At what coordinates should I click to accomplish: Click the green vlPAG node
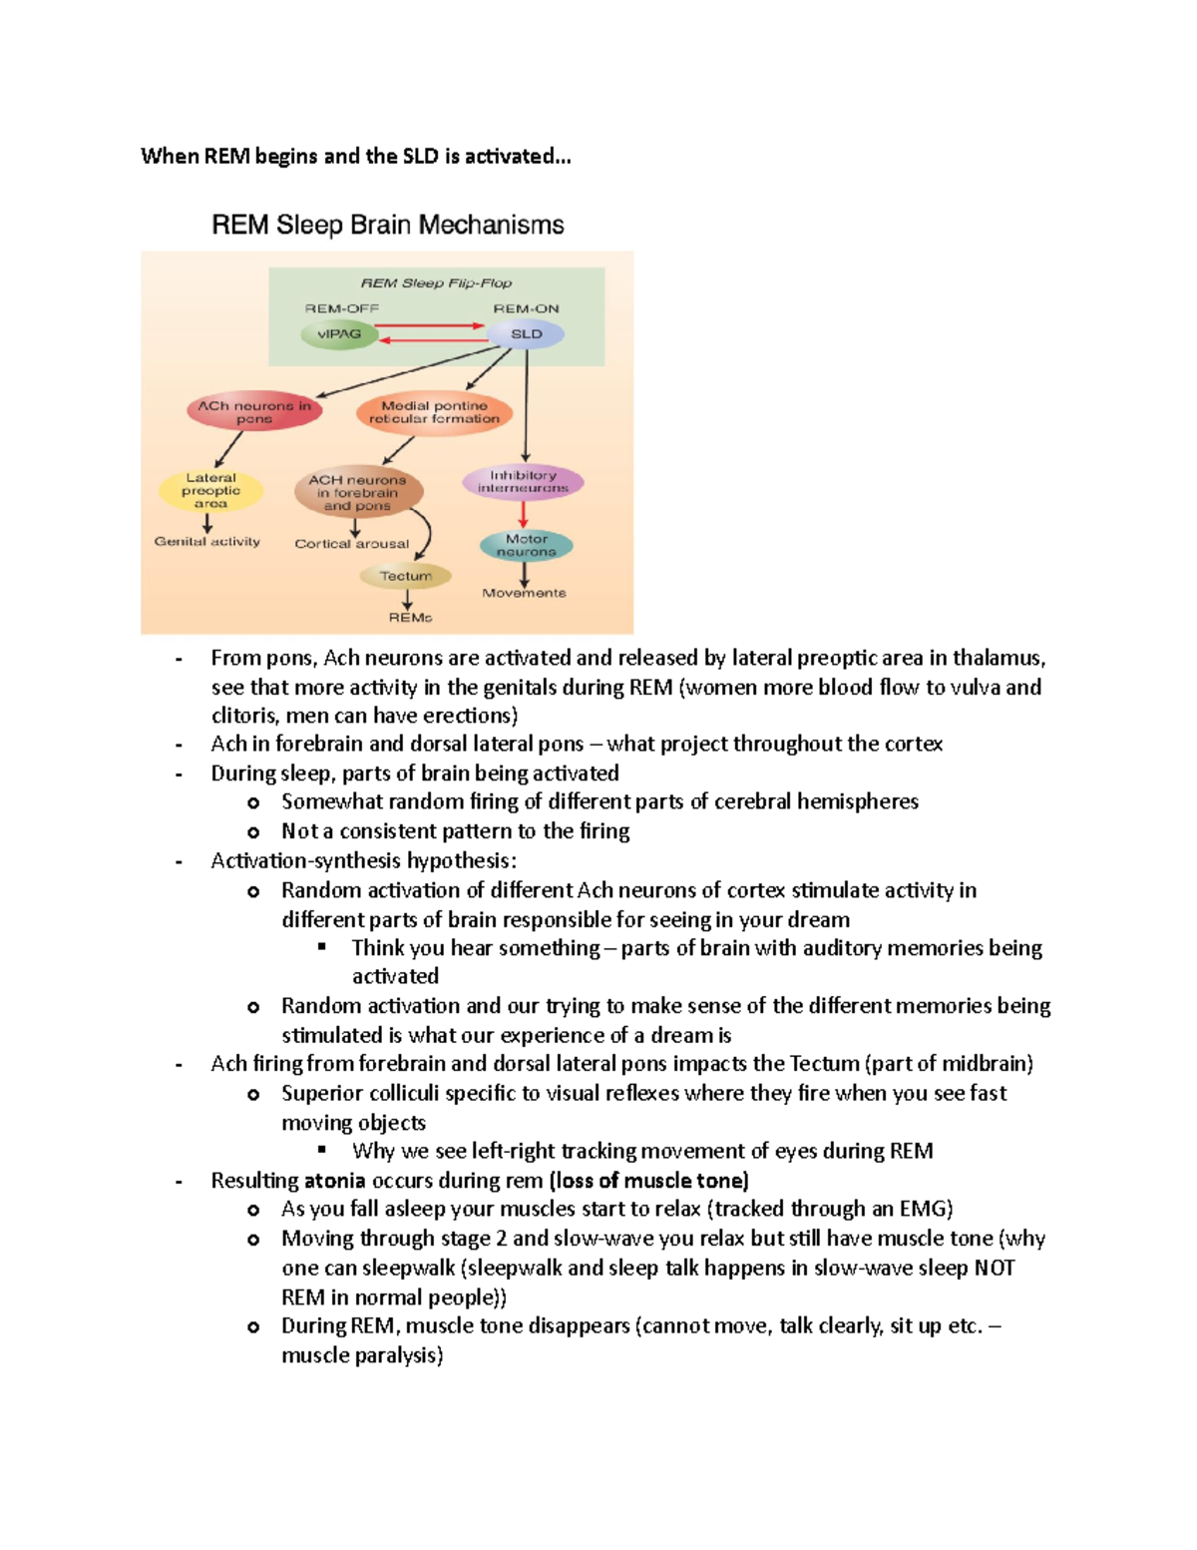tap(339, 334)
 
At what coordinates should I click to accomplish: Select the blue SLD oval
tap(527, 334)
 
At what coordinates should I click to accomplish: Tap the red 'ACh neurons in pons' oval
tap(254, 411)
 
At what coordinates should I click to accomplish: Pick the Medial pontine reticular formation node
tap(434, 412)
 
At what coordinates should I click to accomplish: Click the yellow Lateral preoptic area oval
tap(210, 490)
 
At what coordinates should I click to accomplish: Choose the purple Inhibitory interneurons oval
tap(523, 482)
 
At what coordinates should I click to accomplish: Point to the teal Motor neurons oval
tap(526, 545)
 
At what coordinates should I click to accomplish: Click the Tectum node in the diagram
tap(406, 576)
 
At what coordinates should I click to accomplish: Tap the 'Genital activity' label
tap(206, 541)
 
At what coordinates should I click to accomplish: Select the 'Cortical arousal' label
tap(351, 544)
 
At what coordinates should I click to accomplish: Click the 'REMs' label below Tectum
tap(410, 618)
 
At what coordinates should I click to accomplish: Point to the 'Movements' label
tap(524, 593)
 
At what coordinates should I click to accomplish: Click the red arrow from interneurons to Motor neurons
tap(523, 514)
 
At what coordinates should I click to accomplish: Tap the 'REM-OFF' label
tap(341, 308)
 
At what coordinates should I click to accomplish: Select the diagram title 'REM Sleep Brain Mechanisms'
tap(387, 225)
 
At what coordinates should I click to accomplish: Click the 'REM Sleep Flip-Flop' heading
tap(436, 283)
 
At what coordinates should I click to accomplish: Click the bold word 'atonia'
tap(334, 1180)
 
